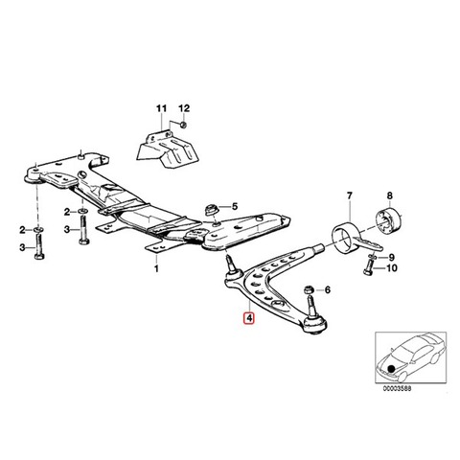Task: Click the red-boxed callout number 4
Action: (x=248, y=318)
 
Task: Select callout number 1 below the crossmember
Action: (x=156, y=268)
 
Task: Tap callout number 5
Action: (x=235, y=206)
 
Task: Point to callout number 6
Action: (x=328, y=290)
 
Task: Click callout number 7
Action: (x=349, y=195)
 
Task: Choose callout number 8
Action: (x=389, y=195)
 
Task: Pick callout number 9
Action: (x=392, y=257)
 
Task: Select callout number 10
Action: (x=392, y=268)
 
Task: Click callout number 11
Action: (x=162, y=108)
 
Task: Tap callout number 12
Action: (x=184, y=108)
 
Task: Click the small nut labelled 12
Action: (x=183, y=125)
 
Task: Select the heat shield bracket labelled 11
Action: (x=169, y=149)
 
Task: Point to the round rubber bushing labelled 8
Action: (x=388, y=220)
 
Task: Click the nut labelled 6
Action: (x=309, y=289)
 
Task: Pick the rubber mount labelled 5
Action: (x=211, y=210)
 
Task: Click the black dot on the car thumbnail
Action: (x=391, y=369)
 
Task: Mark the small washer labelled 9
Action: (x=374, y=256)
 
